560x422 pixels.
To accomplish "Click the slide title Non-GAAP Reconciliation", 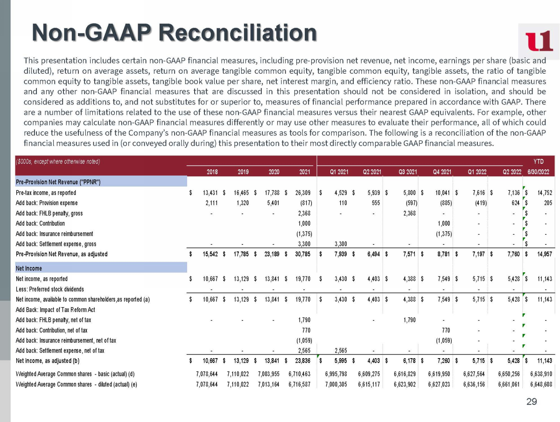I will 174,33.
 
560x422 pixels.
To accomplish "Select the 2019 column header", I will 243,171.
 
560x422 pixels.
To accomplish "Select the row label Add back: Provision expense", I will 47,203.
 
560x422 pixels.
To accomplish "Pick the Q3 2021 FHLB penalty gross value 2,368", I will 407,214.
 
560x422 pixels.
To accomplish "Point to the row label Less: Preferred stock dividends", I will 50,289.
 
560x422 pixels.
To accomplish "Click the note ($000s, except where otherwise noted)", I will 58,161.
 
